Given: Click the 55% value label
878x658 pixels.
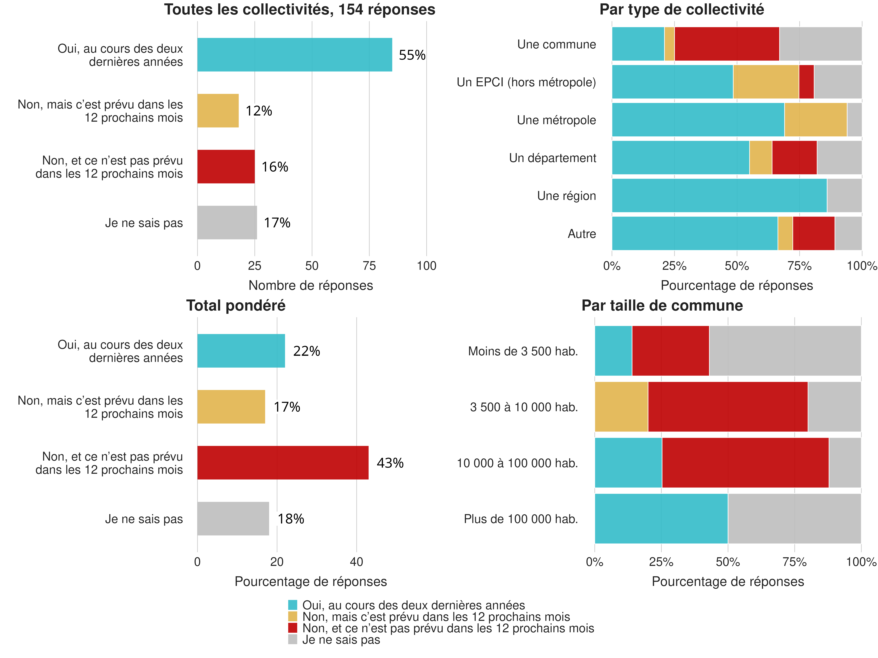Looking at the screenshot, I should pyautogui.click(x=412, y=55).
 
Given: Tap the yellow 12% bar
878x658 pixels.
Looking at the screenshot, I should pyautogui.click(x=218, y=111).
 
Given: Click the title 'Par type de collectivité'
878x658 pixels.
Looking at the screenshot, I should pyautogui.click(x=681, y=10).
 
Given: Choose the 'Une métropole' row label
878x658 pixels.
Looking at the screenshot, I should pyautogui.click(x=556, y=120).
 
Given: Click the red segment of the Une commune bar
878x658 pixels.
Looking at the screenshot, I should pyautogui.click(x=727, y=44).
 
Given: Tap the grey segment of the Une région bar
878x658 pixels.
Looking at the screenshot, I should pyautogui.click(x=844, y=195).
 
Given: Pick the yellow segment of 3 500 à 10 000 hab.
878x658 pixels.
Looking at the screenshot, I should pyautogui.click(x=621, y=406).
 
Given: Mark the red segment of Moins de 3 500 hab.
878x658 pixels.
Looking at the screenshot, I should pyautogui.click(x=670, y=351).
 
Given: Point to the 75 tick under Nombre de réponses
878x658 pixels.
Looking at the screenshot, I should pyautogui.click(x=369, y=266).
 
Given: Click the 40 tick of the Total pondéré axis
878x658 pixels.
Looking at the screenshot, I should pyautogui.click(x=356, y=562).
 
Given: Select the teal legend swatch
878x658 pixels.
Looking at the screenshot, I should pyautogui.click(x=293, y=605).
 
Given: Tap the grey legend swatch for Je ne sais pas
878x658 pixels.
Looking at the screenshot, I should pyautogui.click(x=293, y=639).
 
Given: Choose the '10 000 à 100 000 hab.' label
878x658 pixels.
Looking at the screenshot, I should pyautogui.click(x=517, y=463).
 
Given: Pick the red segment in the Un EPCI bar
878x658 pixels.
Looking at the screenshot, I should pyautogui.click(x=806, y=82).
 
